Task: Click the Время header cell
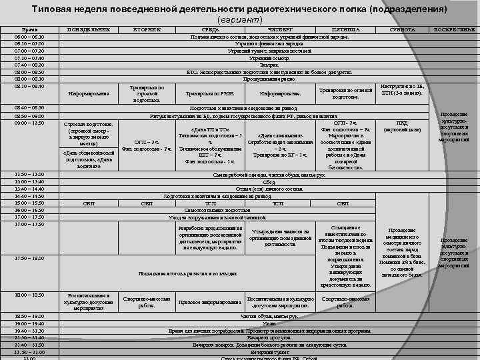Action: [x=29, y=30]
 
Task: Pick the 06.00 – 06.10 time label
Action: [x=29, y=37]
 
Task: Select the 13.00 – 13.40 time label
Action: [x=29, y=182]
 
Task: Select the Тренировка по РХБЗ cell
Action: [x=210, y=93]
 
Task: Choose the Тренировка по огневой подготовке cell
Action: [x=345, y=93]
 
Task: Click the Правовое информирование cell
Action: [x=210, y=301]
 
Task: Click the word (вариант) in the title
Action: [x=239, y=20]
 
